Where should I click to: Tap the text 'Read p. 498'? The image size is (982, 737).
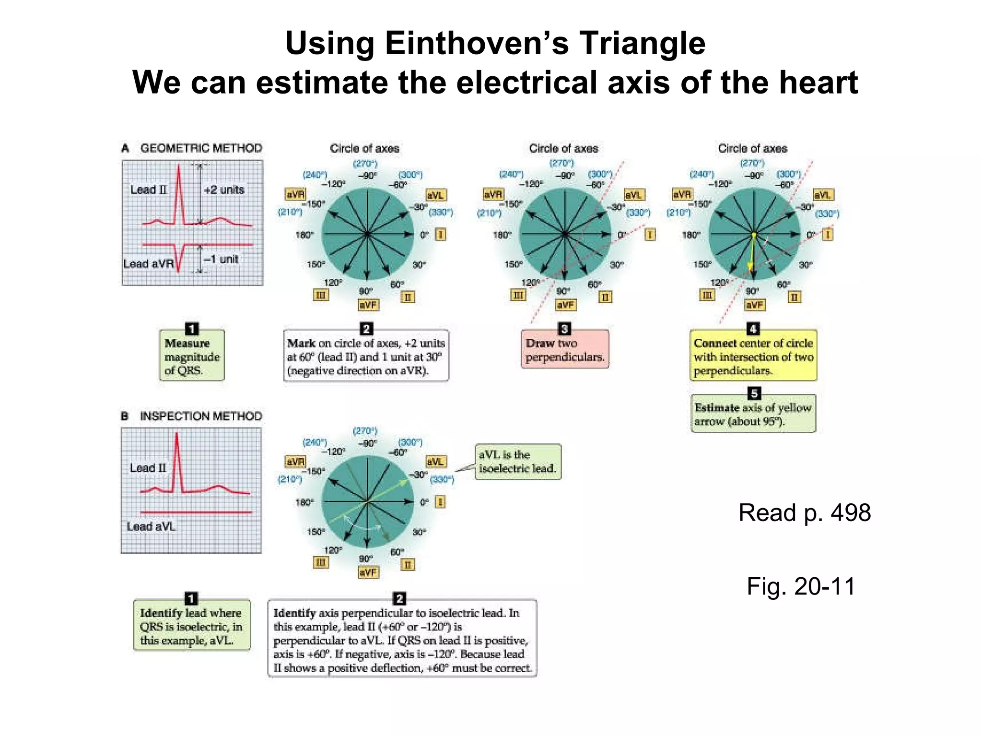[804, 512]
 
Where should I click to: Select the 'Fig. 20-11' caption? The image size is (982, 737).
[801, 586]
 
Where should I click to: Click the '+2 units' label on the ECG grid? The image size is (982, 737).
[224, 190]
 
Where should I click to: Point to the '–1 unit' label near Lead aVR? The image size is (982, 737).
[221, 259]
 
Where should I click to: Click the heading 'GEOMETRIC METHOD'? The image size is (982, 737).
[201, 148]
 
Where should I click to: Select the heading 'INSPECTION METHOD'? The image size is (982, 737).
[200, 416]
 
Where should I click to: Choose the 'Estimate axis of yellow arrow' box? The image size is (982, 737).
[753, 414]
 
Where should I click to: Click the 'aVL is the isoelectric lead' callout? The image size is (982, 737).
[517, 462]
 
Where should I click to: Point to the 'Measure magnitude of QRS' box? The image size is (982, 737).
[191, 357]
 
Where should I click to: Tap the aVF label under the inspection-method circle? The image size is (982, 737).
[368, 572]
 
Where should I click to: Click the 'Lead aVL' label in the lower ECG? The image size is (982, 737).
[151, 526]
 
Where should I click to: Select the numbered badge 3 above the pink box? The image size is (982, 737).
[564, 329]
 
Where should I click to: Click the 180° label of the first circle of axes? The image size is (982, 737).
[304, 235]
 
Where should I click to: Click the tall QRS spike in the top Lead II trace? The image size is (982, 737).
[179, 192]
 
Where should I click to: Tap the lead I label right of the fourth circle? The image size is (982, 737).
[828, 235]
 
